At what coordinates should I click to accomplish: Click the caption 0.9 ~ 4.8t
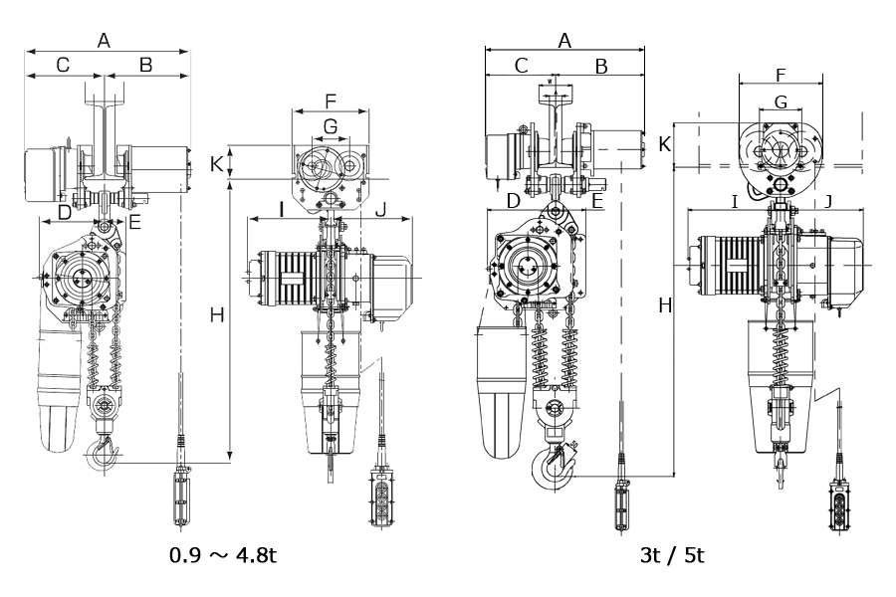coord(223,555)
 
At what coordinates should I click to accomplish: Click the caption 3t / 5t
coord(672,555)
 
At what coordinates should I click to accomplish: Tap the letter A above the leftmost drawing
coord(104,41)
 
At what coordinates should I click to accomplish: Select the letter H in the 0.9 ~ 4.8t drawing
coord(217,314)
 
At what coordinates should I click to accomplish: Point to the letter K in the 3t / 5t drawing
coord(665,145)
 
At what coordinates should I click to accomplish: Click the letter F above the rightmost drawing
coord(781,75)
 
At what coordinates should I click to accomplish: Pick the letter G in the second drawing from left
coord(331,126)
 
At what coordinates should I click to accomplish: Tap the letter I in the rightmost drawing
coord(735,201)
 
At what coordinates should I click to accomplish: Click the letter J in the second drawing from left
coord(381,210)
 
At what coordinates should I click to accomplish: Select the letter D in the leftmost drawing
coord(65,213)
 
